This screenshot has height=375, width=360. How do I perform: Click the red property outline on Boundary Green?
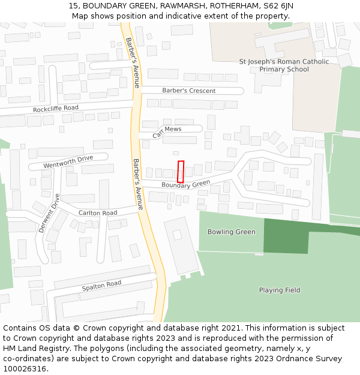(181, 172)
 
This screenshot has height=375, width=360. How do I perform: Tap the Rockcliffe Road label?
(56, 109)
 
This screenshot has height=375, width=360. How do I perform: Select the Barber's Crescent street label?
(188, 91)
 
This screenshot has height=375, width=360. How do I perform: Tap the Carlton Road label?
(98, 213)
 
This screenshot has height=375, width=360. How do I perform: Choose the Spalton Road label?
(101, 286)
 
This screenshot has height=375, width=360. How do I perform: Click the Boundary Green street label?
(185, 184)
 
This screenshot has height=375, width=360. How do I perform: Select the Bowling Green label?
(231, 232)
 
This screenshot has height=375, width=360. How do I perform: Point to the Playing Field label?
(280, 290)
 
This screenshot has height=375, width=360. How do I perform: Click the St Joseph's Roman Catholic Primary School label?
(284, 65)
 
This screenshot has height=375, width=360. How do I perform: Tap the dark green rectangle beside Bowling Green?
(286, 236)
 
